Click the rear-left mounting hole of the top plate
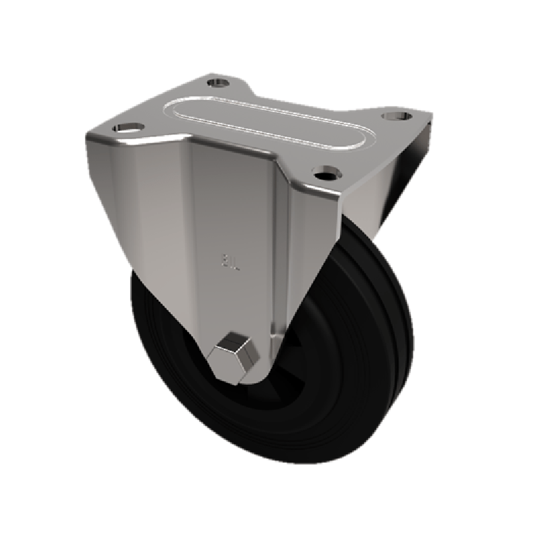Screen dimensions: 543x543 (x=218, y=83)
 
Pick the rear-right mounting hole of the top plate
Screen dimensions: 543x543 (x=395, y=115)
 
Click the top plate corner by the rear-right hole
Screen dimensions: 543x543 (x=424, y=122)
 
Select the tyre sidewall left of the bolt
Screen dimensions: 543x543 (x=163, y=353)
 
